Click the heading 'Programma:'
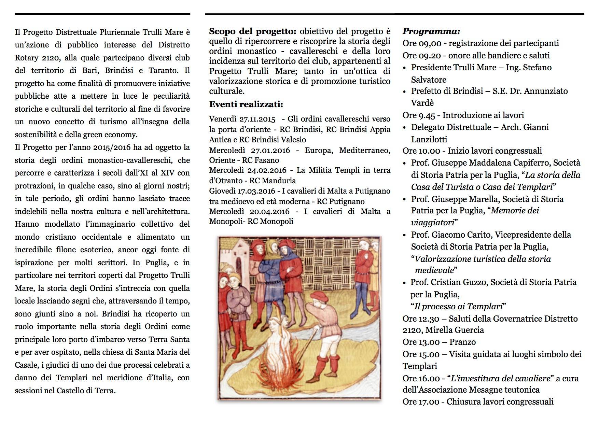coord(431,31)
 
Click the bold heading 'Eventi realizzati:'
coord(246,104)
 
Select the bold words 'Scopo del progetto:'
coord(253,31)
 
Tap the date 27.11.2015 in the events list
coord(257,119)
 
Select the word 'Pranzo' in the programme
coord(463,342)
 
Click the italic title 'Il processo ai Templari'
coord(459,306)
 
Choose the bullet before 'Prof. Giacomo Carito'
coord(405,235)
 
